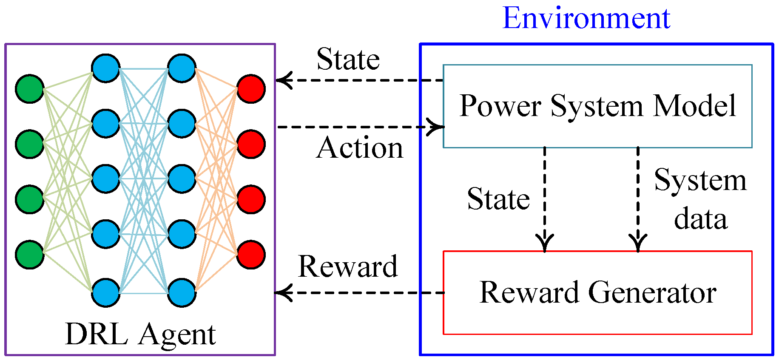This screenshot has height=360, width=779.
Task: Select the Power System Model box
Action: coord(597,106)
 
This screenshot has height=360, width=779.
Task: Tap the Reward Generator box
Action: coord(597,293)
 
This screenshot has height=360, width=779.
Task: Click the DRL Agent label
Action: coord(140,334)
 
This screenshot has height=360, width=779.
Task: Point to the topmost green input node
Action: coord(30,89)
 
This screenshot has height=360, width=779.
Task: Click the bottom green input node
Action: coord(30,255)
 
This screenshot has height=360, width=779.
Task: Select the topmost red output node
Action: coord(251,89)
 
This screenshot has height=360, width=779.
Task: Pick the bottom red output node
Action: coord(251,255)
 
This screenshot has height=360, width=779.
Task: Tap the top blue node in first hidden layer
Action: coord(105,68)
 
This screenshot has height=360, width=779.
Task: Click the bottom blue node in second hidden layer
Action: coord(182,292)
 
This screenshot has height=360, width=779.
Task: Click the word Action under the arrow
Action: coord(360,148)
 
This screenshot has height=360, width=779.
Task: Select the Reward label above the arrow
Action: coord(348,266)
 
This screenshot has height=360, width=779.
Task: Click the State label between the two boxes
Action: coord(498,199)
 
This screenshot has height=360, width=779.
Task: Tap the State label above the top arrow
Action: coord(348,59)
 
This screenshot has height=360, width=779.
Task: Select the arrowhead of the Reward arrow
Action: coord(283,292)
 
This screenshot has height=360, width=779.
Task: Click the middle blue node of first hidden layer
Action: coord(105,179)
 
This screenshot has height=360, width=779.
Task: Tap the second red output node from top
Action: coord(251,144)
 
